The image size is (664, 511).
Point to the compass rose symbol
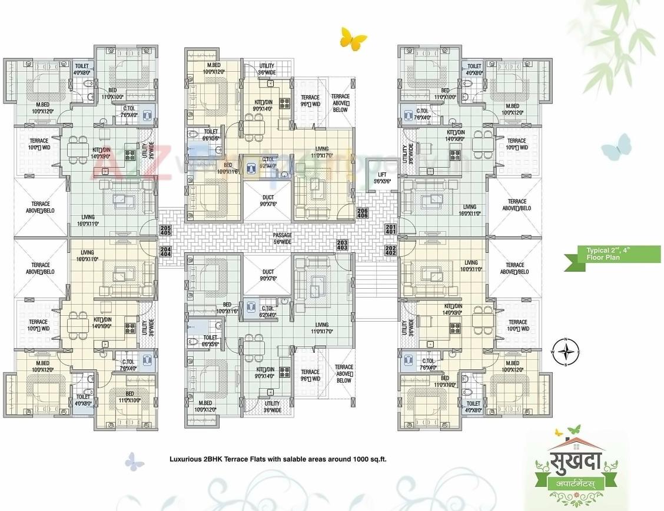pos(565,351)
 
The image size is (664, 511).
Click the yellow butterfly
pos(353,39)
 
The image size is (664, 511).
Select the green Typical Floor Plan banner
pos(612,254)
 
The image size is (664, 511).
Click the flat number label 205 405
pos(165,231)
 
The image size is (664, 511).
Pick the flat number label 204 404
pos(165,252)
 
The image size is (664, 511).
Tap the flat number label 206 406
pos(363,214)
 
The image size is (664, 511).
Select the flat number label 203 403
pos(342,245)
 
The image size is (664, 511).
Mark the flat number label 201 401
pos(390,229)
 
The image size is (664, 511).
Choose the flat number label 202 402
pos(390,251)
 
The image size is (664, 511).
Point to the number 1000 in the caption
pos(363,458)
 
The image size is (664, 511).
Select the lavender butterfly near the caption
pos(134,461)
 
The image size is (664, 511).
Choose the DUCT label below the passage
pos(268,275)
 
